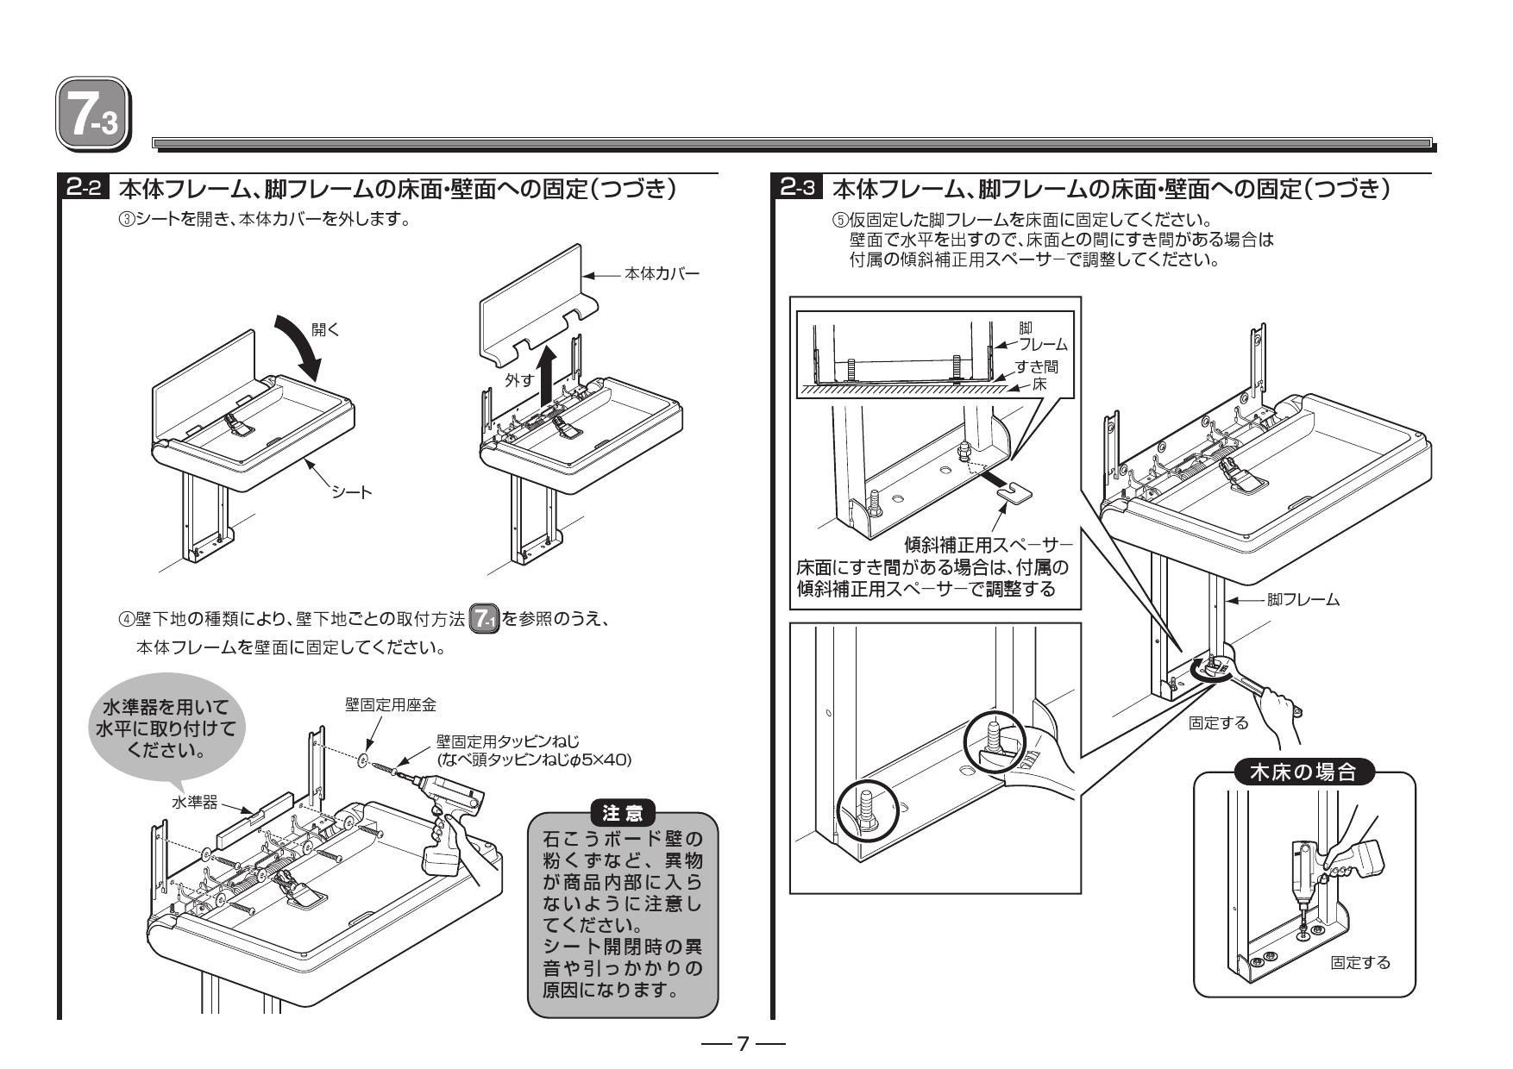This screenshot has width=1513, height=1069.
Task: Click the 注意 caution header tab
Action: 621,811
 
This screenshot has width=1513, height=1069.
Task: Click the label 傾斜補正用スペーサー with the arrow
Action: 989,546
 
